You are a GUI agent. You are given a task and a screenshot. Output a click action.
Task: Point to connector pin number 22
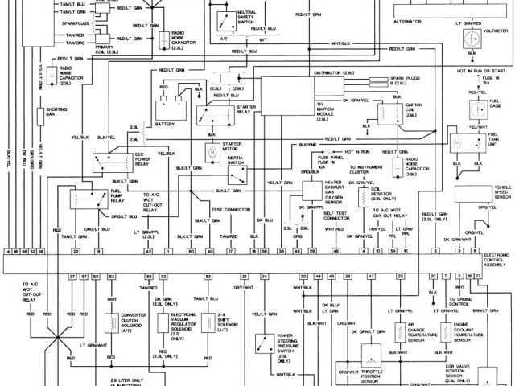click(x=74, y=252)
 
